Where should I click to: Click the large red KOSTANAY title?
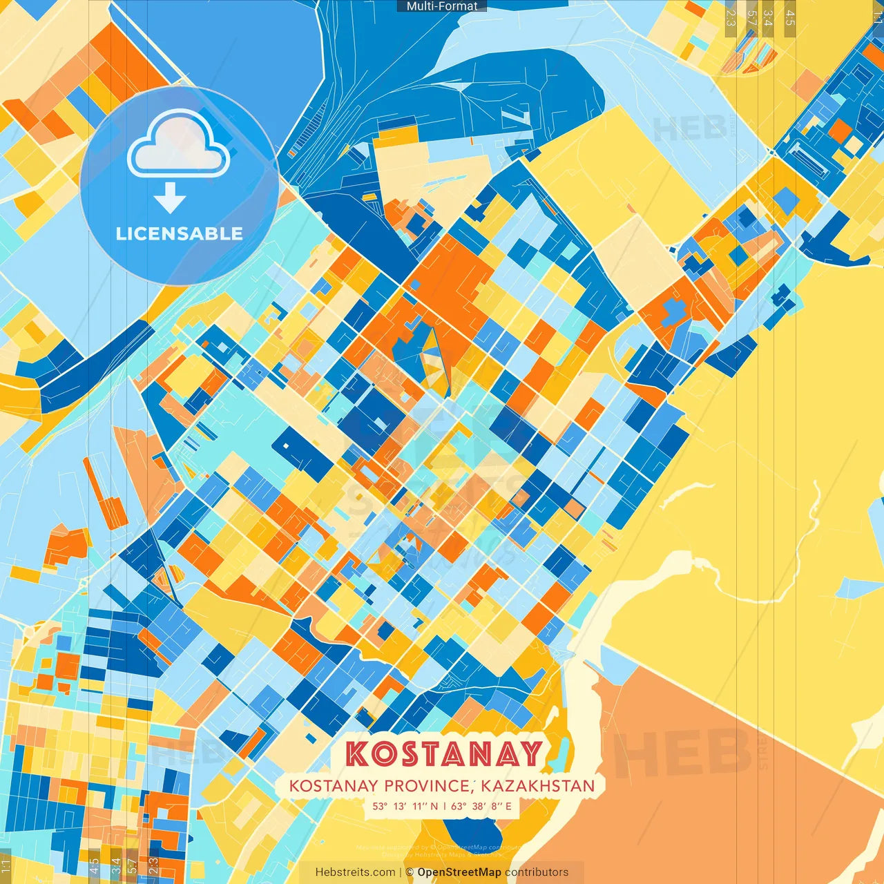click(x=443, y=753)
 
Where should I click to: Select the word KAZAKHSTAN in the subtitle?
click(x=538, y=786)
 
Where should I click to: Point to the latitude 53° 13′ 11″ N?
click(x=405, y=806)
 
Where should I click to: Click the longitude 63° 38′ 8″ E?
click(x=482, y=806)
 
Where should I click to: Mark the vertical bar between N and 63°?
click(x=445, y=806)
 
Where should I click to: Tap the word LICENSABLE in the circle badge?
click(x=180, y=233)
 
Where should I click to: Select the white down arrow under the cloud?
click(x=170, y=198)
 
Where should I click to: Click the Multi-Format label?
click(x=442, y=6)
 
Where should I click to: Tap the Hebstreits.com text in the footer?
click(x=355, y=872)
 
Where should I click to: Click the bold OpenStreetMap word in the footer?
click(x=459, y=872)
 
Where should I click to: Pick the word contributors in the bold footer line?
click(x=537, y=872)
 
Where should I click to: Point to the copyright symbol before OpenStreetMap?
click(x=410, y=872)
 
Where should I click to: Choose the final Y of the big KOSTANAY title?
click(x=530, y=753)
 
